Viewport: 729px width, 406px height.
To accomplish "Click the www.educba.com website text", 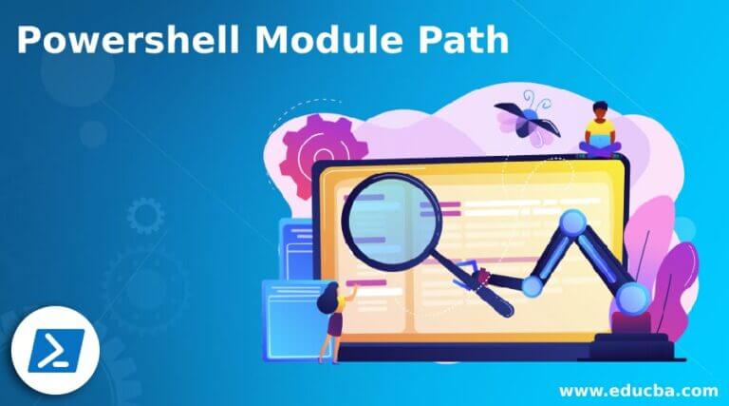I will point(639,390).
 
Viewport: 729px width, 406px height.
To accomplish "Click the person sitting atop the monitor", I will point(600,128).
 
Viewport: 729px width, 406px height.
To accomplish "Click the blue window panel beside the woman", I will point(290,314).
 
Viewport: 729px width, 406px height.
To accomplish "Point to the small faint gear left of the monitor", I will point(145,217).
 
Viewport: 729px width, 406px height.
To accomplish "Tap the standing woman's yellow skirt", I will point(335,324).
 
